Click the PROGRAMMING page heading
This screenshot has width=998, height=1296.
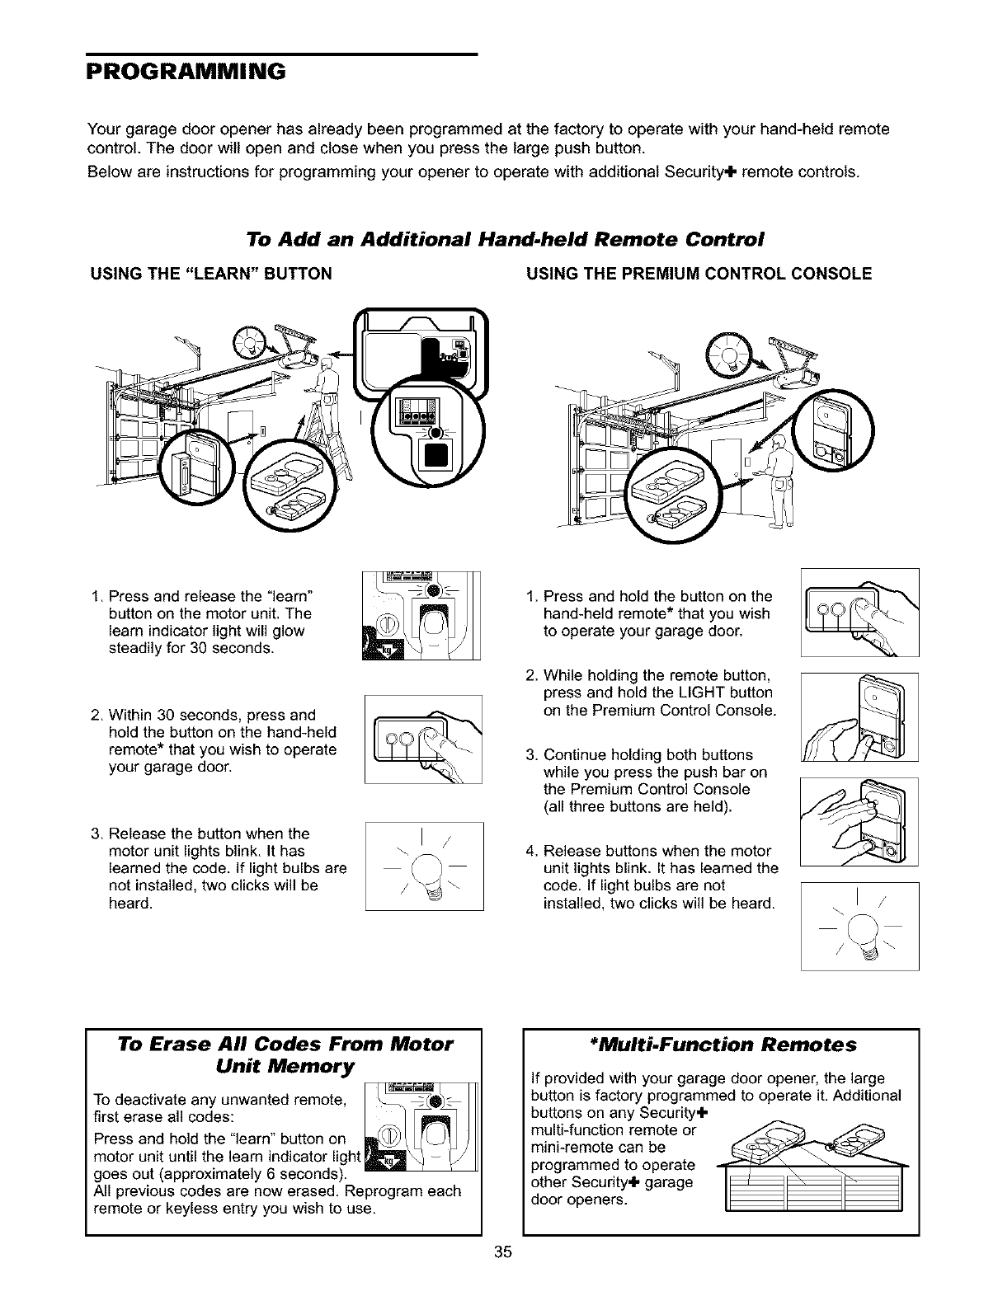(x=186, y=70)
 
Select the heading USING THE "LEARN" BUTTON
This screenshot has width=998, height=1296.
(x=210, y=274)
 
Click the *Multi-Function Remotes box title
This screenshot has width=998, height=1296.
(x=721, y=1045)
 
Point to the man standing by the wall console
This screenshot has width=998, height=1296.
(x=778, y=478)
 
